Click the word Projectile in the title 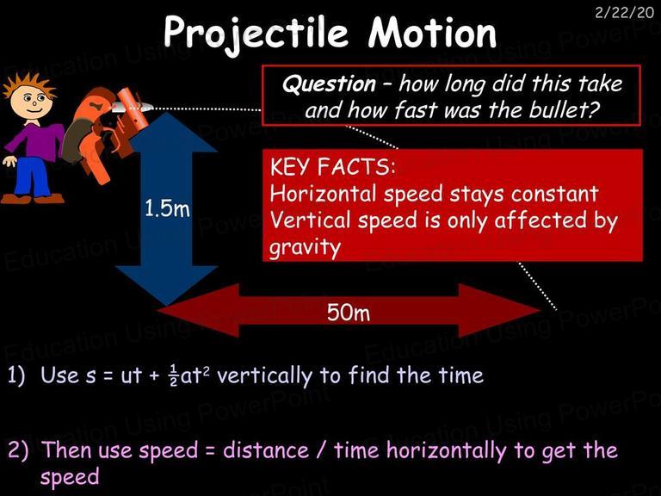(256, 34)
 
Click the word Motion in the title (432, 33)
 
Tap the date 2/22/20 (624, 12)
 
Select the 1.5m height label (167, 208)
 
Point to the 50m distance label (349, 313)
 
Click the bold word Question (329, 84)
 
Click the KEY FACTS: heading (332, 166)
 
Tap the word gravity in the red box (305, 247)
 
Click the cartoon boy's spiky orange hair (29, 85)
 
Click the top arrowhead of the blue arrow (166, 132)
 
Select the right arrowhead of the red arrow (499, 310)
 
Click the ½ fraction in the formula (173, 375)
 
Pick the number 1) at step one (16, 375)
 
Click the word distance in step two (266, 450)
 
